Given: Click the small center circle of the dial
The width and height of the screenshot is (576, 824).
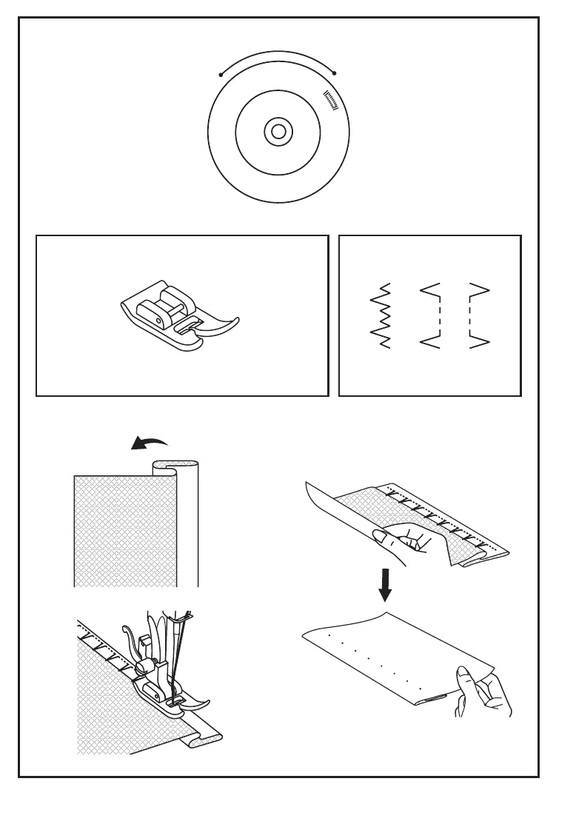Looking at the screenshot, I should click(x=278, y=132).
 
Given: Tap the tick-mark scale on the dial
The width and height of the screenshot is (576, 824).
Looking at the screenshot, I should click(x=331, y=101).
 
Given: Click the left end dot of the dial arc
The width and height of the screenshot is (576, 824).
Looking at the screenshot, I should click(x=221, y=74).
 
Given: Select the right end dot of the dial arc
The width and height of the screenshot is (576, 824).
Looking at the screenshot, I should click(x=335, y=73).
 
